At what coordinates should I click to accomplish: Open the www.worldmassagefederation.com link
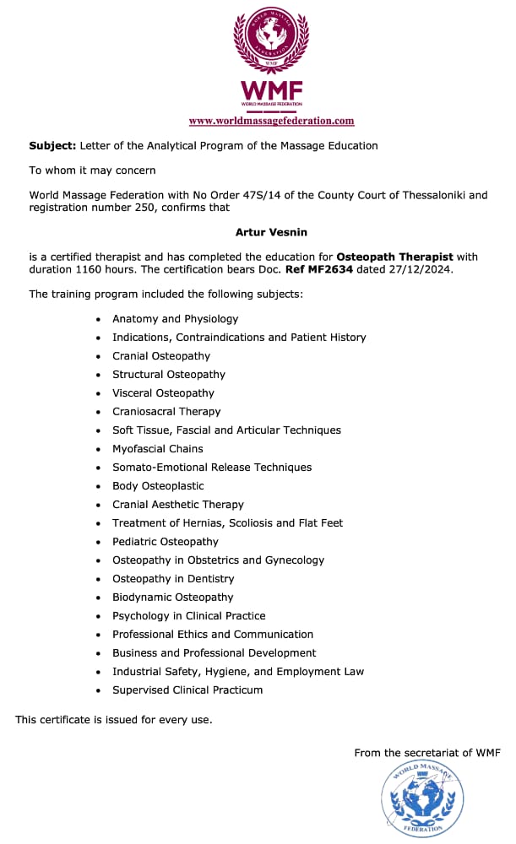[271, 121]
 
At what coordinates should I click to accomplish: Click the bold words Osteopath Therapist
[394, 256]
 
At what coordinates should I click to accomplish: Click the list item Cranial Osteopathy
[161, 355]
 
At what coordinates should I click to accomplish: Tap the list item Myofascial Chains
[158, 448]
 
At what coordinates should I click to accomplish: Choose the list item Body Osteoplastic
[158, 485]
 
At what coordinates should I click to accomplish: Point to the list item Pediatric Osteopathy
[166, 541]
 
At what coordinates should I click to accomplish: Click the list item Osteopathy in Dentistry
[173, 578]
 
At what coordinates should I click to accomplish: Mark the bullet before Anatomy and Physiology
[99, 319]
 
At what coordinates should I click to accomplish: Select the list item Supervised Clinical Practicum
[187, 690]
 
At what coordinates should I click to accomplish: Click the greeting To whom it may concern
[92, 170]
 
